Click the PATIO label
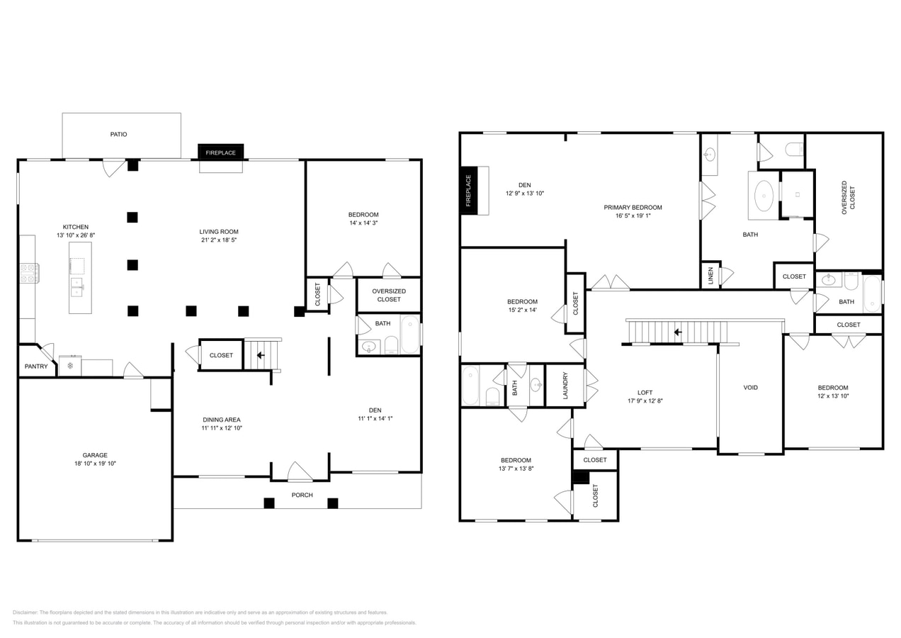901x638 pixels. click(118, 134)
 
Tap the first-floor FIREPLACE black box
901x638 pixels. click(221, 152)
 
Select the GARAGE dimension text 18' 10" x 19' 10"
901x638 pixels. click(95, 464)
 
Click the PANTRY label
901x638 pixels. click(36, 366)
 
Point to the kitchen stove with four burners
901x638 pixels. click(29, 273)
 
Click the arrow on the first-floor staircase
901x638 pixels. click(261, 355)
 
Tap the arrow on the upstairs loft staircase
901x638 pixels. click(677, 332)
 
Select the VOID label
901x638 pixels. click(750, 388)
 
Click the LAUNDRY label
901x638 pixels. click(565, 386)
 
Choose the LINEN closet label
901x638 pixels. click(710, 274)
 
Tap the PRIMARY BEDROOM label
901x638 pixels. click(633, 208)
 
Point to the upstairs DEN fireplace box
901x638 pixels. click(474, 190)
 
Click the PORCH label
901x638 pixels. click(302, 495)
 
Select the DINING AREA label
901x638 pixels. click(222, 420)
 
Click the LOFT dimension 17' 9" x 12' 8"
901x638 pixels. click(645, 401)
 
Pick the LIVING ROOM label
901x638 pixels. click(219, 232)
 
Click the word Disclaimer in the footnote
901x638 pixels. click(25, 612)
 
